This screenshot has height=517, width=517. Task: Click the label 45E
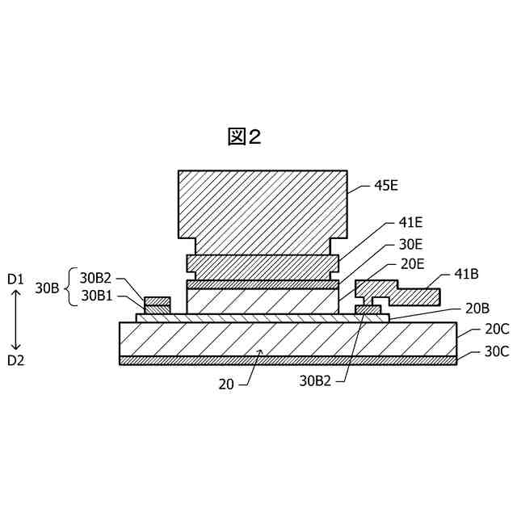386,185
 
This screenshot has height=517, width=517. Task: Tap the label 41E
410,222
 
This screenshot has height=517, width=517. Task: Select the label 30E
410,243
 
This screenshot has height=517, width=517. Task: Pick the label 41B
466,275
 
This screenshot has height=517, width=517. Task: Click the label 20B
477,308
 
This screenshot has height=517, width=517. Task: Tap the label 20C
496,330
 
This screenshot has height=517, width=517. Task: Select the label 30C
496,351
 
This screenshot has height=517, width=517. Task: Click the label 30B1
96,296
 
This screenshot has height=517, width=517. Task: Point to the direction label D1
16,280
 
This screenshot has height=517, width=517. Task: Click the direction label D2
16,361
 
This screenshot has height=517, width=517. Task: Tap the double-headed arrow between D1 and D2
16,320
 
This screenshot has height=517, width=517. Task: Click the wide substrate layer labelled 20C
287,338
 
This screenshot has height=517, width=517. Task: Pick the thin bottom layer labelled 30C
287,360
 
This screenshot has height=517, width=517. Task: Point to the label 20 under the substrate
225,385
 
